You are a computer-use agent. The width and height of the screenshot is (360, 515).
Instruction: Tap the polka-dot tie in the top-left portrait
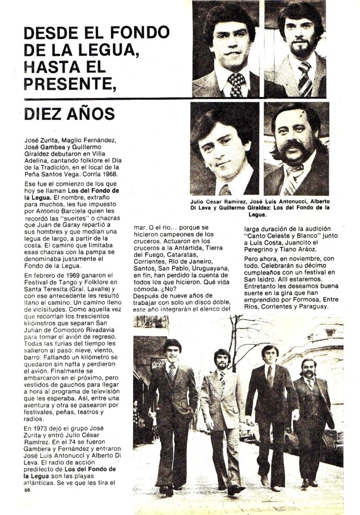click(x=236, y=84)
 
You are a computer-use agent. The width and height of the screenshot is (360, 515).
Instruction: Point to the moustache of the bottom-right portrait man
click(x=295, y=149)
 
